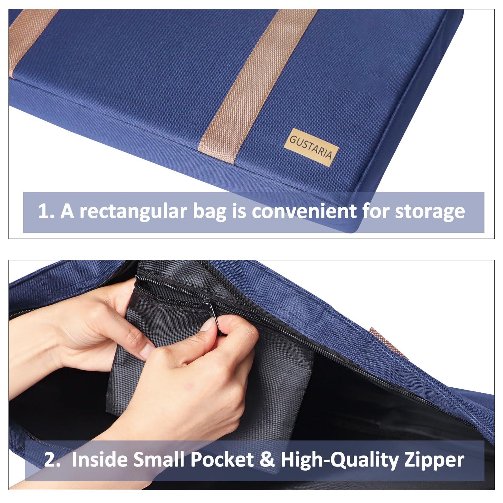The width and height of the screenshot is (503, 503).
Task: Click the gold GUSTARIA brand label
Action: tap(311, 147)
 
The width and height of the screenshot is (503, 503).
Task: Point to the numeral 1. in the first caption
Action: tap(47, 211)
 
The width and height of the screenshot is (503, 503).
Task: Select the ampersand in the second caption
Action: tap(267, 460)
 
